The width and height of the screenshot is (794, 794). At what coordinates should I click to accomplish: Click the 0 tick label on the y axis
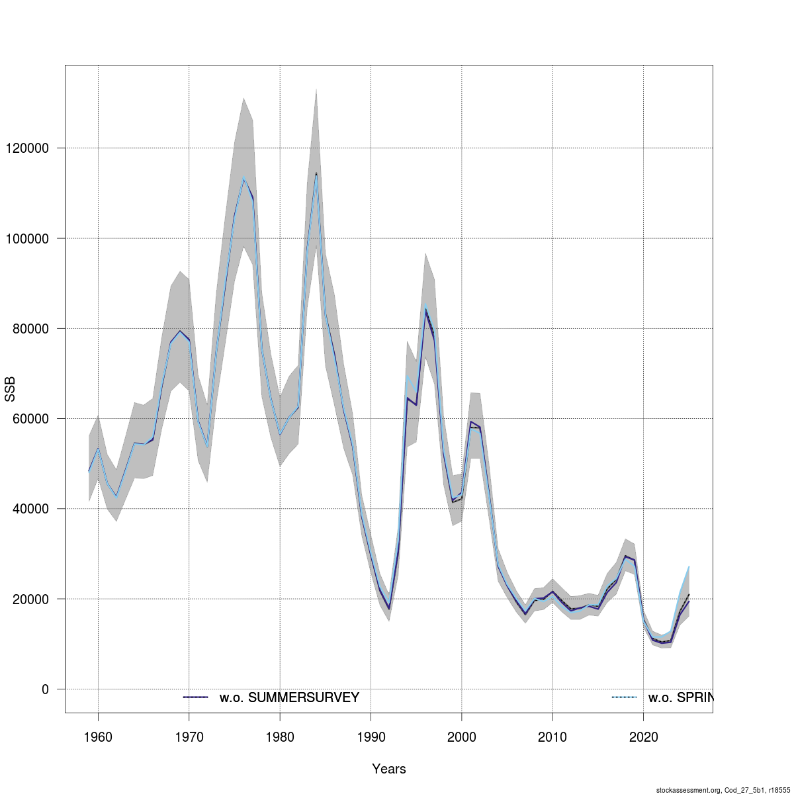(45, 689)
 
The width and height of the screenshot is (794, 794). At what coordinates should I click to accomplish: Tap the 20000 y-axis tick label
(27, 599)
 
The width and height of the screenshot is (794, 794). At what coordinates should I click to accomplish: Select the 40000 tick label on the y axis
(27, 509)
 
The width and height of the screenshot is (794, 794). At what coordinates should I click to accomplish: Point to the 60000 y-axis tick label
(27, 419)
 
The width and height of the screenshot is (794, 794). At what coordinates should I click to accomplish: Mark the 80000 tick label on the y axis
(27, 329)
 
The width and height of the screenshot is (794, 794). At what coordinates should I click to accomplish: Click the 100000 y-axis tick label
(24, 238)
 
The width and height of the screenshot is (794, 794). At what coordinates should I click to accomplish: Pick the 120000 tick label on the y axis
(24, 148)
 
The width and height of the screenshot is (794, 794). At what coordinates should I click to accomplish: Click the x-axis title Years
(389, 769)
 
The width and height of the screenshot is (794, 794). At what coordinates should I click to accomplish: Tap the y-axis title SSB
(10, 389)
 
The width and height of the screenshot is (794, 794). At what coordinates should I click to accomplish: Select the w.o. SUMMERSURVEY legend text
(289, 697)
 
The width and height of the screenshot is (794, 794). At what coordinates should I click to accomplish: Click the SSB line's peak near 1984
(316, 174)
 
